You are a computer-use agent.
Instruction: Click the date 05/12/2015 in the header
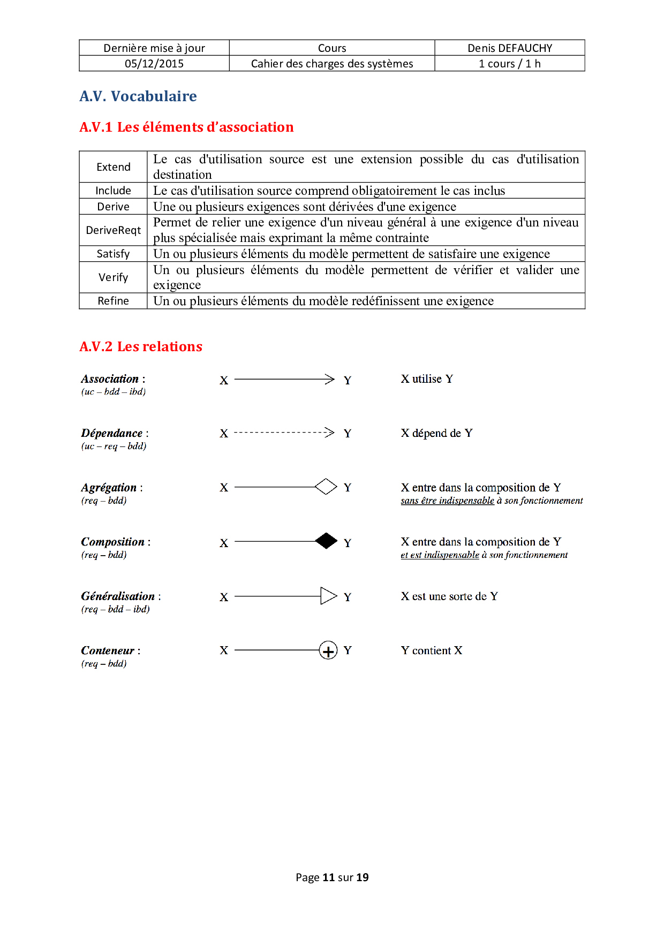tap(154, 64)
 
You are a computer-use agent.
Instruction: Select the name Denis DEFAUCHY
tap(510, 48)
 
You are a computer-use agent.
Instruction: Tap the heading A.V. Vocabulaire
tap(138, 96)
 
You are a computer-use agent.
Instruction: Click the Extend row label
tap(114, 167)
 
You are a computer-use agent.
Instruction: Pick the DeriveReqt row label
tap(114, 230)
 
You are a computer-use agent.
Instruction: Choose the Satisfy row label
tap(114, 254)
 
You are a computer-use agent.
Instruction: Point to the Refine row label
tap(114, 301)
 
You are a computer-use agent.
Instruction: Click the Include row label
tap(114, 191)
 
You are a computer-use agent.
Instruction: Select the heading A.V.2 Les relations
tap(141, 347)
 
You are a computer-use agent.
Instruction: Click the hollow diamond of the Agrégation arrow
tap(326, 487)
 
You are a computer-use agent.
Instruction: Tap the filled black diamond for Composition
tap(326, 541)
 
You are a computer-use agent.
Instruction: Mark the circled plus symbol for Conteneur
tap(328, 650)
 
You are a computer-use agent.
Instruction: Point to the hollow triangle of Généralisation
tap(328, 596)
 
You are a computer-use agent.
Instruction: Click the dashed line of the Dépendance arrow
tap(278, 433)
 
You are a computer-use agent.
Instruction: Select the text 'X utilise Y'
tap(427, 379)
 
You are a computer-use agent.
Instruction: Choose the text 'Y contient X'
tap(432, 650)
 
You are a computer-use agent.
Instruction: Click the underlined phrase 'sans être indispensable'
tap(447, 501)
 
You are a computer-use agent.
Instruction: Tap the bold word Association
tap(110, 379)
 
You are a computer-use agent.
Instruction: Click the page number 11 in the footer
tap(329, 877)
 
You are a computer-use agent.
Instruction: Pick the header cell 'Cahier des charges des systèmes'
tap(332, 64)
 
